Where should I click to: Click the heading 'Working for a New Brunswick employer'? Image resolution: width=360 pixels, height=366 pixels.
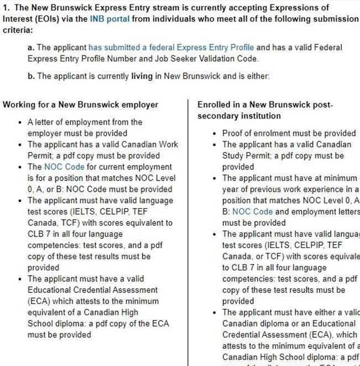click(81, 105)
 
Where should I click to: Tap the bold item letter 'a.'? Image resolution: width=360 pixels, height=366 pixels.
click(31, 48)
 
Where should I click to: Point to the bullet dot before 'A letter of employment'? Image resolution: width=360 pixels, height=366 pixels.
click(21, 122)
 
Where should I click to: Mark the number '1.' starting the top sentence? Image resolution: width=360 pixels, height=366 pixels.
click(7, 8)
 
